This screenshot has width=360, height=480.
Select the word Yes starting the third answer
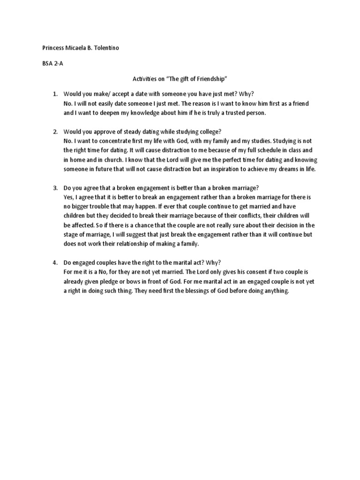coord(69,197)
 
